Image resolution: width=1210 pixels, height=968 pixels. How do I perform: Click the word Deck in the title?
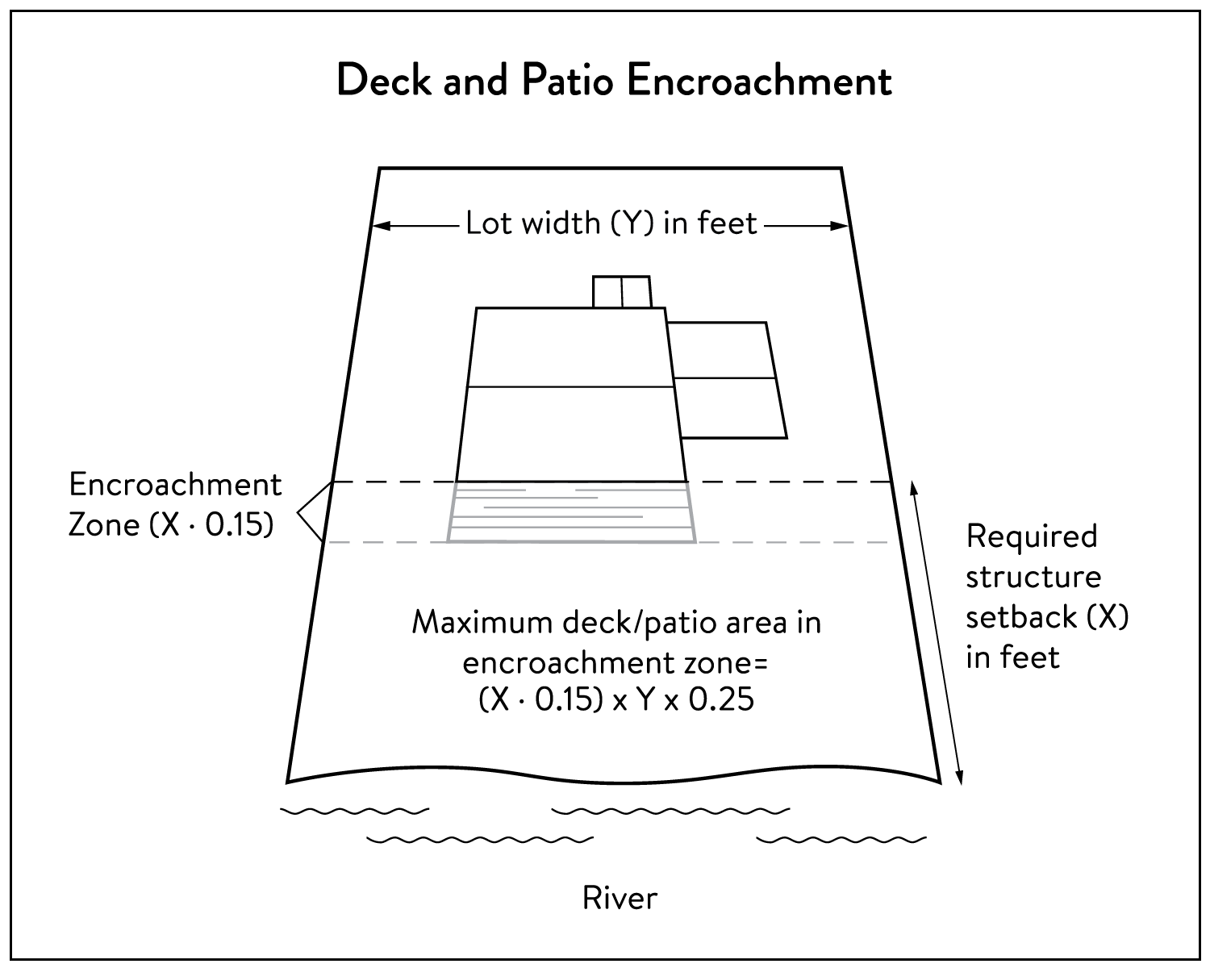[x=383, y=81]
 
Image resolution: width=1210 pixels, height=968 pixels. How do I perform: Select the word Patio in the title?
[x=573, y=81]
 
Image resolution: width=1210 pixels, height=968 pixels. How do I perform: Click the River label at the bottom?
[x=620, y=897]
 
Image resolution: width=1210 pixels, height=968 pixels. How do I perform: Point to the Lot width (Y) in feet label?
[x=611, y=223]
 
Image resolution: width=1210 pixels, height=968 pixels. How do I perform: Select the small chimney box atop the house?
[x=621, y=291]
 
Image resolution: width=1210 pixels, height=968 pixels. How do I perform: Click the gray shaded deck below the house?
[x=571, y=512]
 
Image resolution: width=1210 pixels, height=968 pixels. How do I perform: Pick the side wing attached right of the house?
[x=726, y=379]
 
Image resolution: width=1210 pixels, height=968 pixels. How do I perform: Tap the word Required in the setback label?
[x=1032, y=536]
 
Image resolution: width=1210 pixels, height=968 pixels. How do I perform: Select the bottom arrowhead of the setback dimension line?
[x=959, y=778]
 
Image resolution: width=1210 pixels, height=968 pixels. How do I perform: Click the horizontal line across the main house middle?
[x=569, y=387]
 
